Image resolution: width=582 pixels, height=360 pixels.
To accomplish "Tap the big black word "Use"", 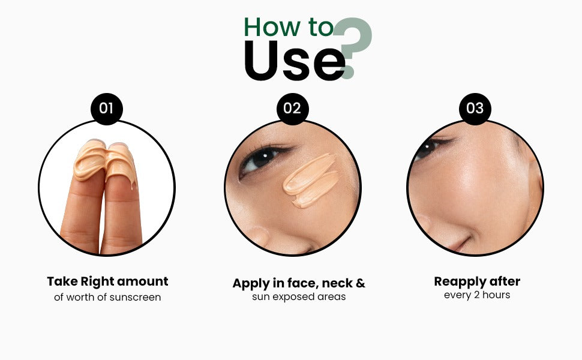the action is pos(295,61).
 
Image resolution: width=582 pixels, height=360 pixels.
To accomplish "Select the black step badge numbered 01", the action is pos(107,109).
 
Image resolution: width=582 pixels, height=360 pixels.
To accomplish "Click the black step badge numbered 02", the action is pos(292,109).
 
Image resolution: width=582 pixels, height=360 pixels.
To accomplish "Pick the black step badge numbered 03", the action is pos(475,109).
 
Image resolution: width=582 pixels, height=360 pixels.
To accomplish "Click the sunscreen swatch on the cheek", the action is pos(311,181).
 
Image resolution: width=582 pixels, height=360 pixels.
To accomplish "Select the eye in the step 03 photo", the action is pos(429,148).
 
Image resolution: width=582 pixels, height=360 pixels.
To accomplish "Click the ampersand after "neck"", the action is pos(361,284).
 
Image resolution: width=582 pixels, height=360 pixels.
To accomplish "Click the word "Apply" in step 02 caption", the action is pos(251,284).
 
